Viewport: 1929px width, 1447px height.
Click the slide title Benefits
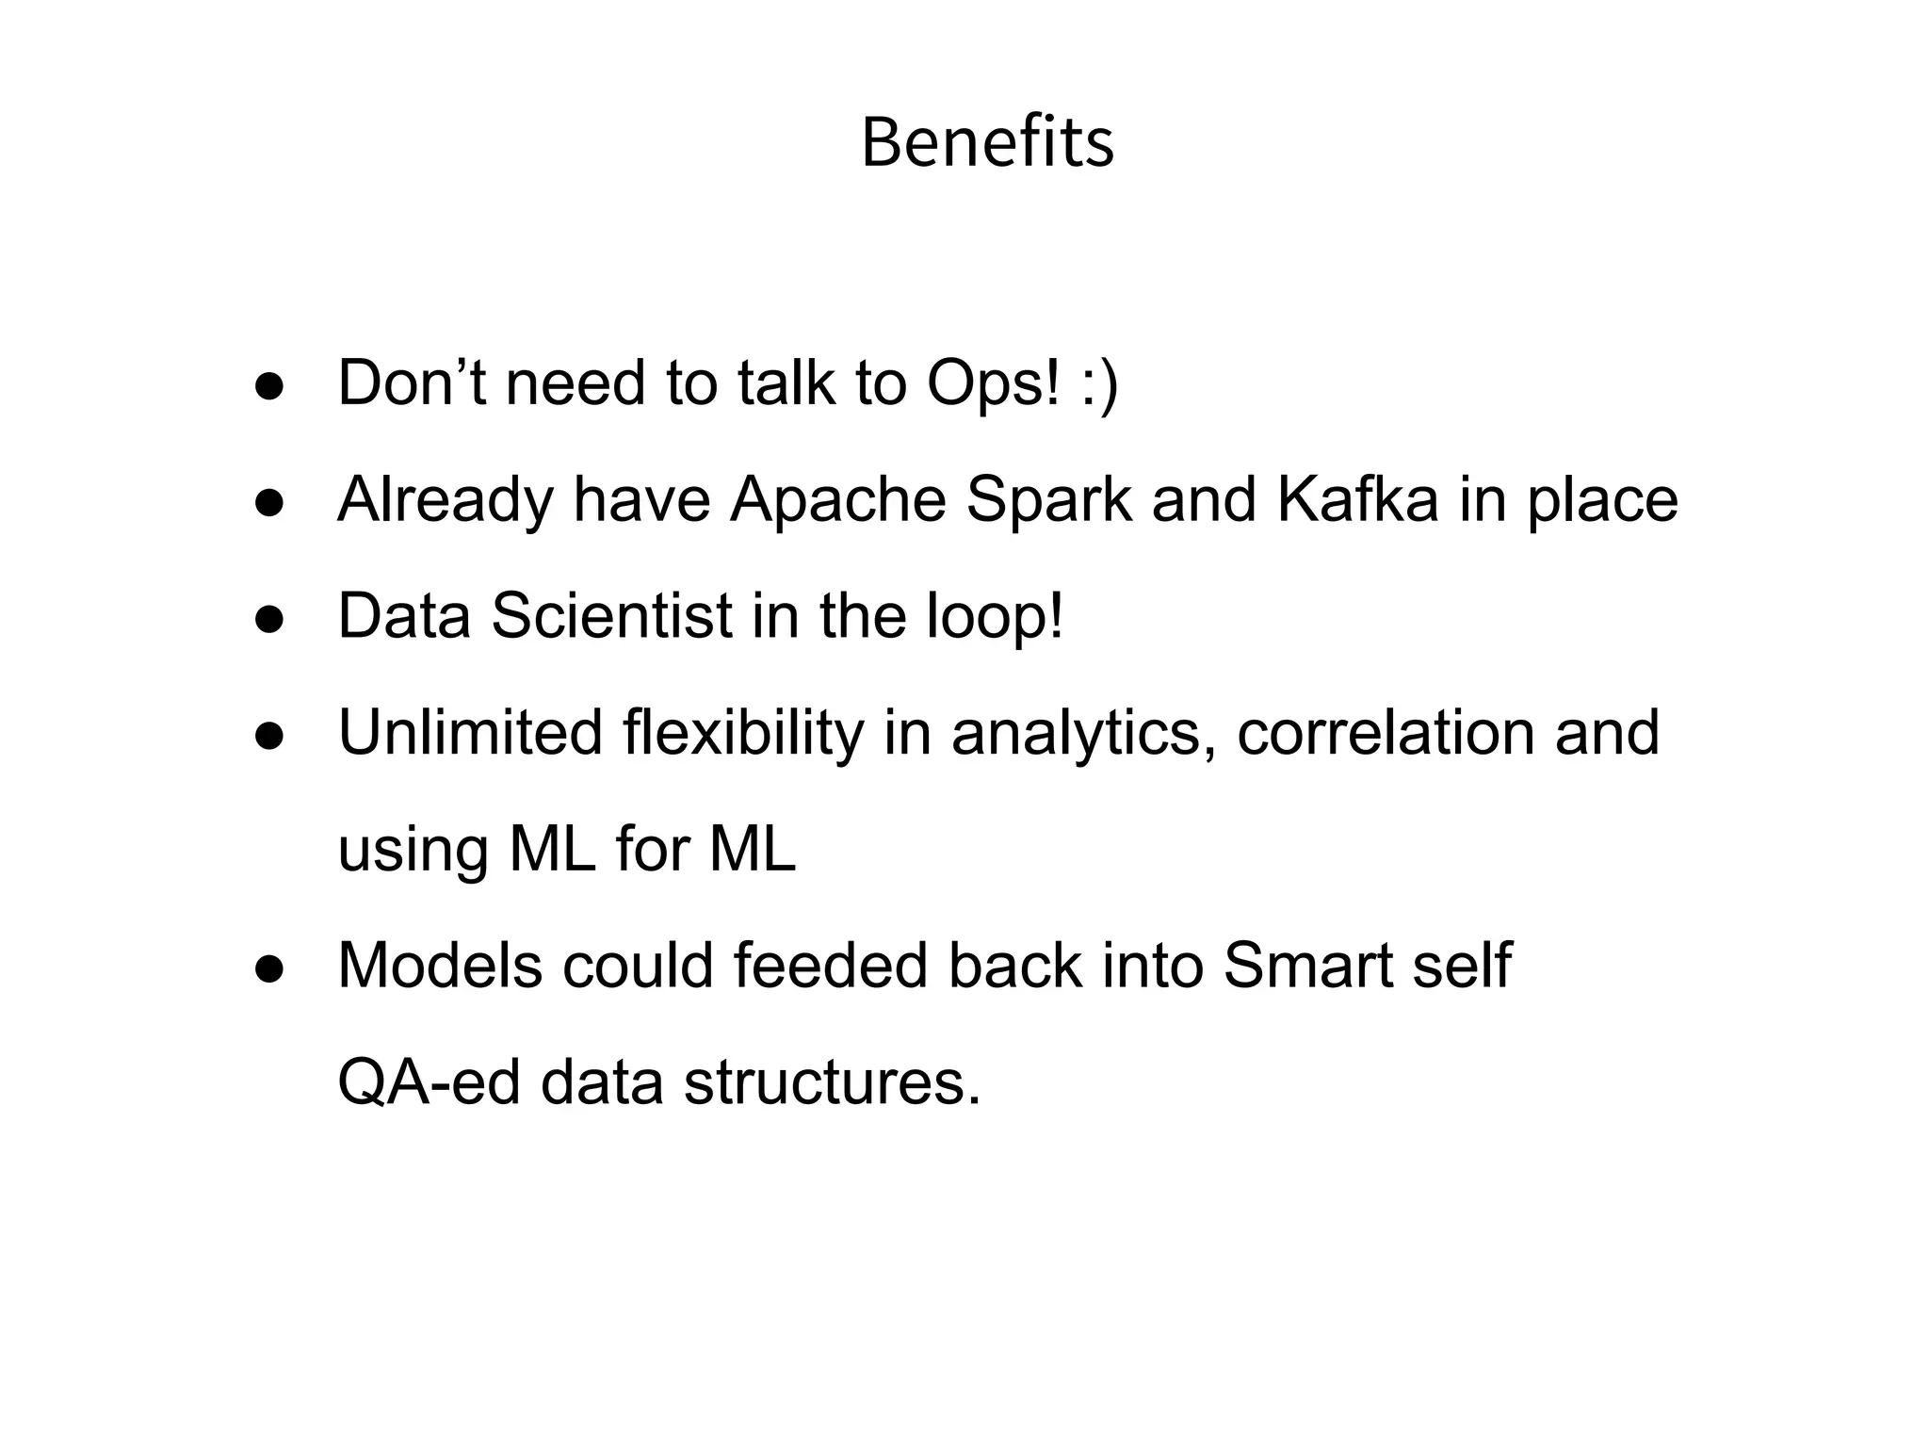pos(987,143)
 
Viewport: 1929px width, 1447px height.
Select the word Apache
pos(838,499)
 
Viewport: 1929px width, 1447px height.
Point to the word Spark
pos(1049,499)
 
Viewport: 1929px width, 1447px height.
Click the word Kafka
pos(1358,499)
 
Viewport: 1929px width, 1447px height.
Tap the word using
pos(413,851)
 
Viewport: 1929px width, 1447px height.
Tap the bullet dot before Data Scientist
pos(269,621)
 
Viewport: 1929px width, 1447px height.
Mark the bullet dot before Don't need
pos(269,388)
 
